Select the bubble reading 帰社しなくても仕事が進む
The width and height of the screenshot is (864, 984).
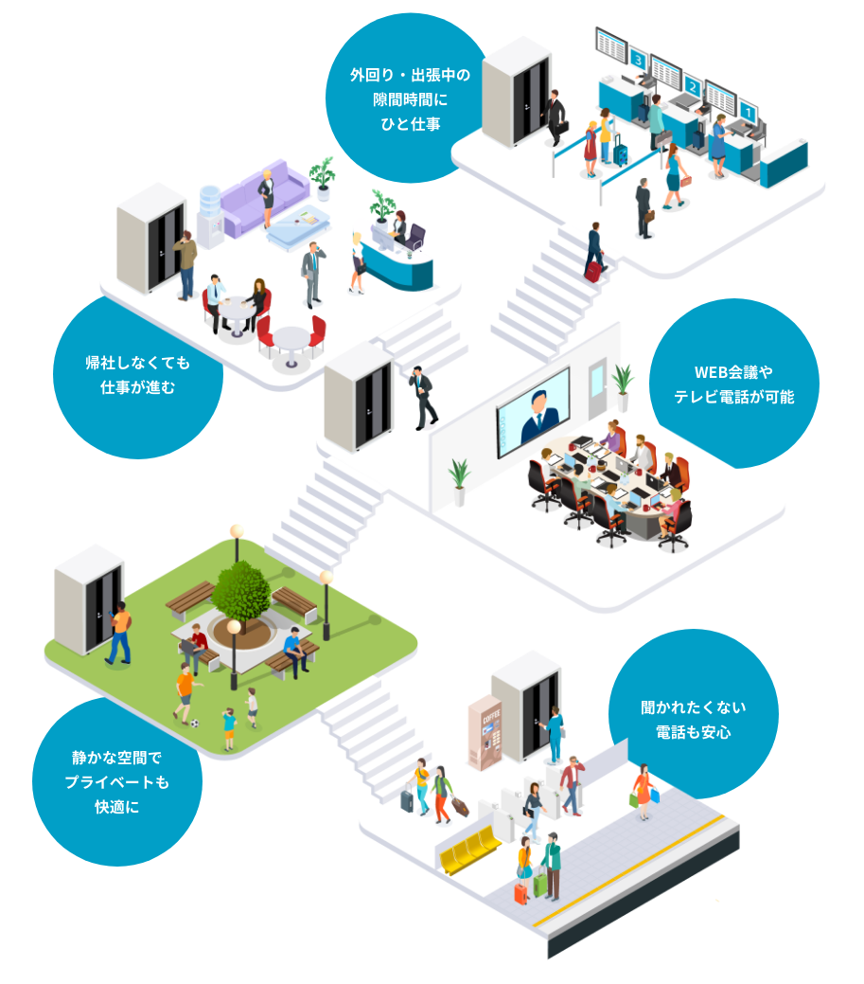click(x=137, y=375)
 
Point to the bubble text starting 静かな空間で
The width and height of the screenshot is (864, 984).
click(x=116, y=782)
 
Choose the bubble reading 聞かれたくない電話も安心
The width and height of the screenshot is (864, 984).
click(x=693, y=719)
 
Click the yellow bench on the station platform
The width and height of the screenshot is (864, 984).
click(x=468, y=847)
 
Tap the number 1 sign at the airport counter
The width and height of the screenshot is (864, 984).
click(x=748, y=112)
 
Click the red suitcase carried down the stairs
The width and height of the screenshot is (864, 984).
click(x=593, y=271)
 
